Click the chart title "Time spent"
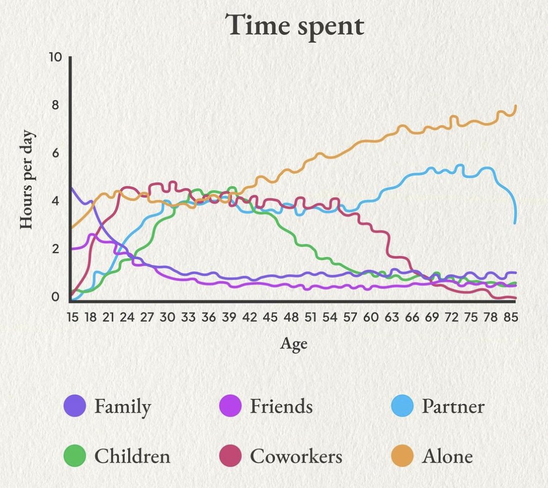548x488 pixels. (294, 26)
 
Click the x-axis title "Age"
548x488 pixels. (294, 344)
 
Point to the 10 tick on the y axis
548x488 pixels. (55, 57)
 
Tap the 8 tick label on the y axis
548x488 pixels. (55, 105)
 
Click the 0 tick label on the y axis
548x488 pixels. (55, 297)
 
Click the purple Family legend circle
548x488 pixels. (76, 406)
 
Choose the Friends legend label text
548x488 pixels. (281, 406)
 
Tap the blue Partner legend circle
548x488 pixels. (402, 406)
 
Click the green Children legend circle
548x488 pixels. (76, 456)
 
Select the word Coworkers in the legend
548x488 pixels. (296, 456)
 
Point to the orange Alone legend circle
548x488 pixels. (402, 456)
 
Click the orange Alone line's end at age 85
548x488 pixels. (515, 106)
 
